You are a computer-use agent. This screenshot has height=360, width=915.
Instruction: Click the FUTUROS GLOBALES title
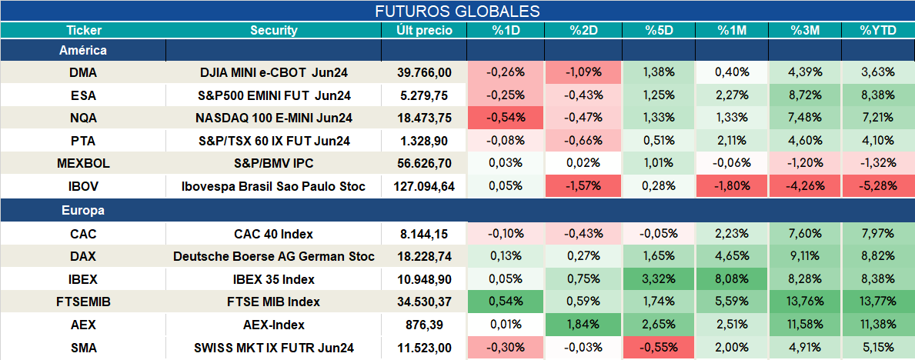click(457, 11)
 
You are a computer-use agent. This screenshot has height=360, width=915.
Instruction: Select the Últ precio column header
click(424, 31)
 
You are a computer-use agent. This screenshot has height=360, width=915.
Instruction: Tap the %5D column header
click(659, 31)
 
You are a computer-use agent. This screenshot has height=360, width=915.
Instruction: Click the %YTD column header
click(877, 31)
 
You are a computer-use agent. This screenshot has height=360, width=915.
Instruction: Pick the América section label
click(83, 51)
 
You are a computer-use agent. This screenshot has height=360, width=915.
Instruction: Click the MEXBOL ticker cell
click(83, 164)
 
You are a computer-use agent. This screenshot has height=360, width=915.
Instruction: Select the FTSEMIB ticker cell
click(83, 302)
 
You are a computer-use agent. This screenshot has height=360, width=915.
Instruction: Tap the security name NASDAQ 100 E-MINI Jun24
click(274, 118)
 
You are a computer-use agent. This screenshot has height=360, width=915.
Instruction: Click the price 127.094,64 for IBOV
click(424, 187)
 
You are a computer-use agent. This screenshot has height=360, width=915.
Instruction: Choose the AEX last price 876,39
click(424, 325)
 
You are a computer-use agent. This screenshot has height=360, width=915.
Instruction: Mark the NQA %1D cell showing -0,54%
click(506, 118)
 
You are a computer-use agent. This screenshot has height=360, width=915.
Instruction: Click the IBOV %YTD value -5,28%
click(877, 187)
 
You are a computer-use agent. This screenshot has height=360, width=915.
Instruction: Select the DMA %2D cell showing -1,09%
click(583, 72)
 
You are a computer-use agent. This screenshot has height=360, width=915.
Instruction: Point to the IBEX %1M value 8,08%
click(731, 279)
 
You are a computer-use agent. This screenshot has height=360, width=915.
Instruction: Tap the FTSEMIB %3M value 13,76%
click(805, 302)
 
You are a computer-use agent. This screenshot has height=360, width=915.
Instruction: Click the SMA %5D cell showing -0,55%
click(659, 348)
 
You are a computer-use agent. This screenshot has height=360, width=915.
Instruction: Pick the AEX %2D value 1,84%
click(583, 325)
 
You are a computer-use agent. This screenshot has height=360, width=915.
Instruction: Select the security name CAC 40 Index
click(274, 234)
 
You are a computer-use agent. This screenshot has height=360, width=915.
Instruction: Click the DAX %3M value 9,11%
click(805, 257)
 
